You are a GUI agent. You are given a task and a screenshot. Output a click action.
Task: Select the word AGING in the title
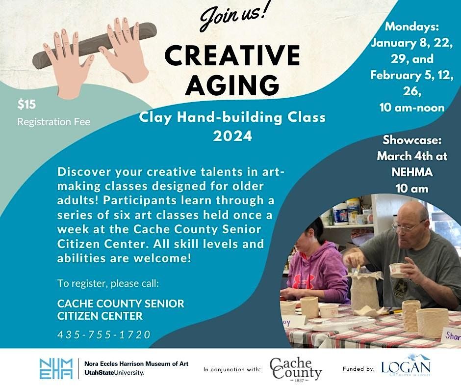tap(232, 85)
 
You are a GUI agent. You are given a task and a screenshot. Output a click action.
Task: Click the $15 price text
tap(26, 104)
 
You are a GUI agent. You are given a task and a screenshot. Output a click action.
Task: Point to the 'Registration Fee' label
tap(54, 122)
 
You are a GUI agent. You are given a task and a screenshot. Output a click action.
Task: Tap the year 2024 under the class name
tap(232, 136)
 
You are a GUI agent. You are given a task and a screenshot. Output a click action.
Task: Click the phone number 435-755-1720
tap(104, 334)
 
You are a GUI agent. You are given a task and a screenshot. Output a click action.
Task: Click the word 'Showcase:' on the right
tap(412, 139)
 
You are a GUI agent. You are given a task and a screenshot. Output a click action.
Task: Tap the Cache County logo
tap(296, 368)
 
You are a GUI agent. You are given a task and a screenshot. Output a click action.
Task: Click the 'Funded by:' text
tap(358, 368)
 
